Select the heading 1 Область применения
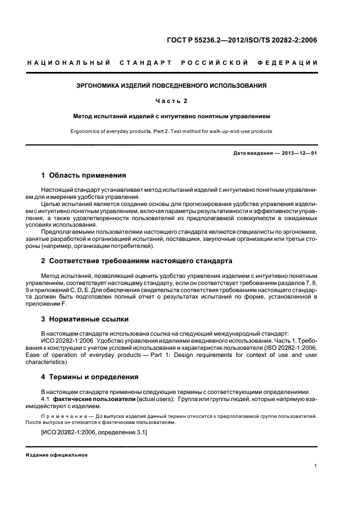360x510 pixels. point(84,175)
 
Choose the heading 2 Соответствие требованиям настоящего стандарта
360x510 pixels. point(137,261)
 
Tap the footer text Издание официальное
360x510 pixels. point(57,455)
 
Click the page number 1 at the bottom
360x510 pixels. point(316,466)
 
